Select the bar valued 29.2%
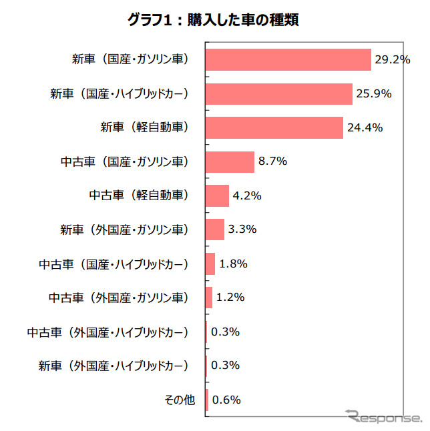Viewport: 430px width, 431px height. point(287,59)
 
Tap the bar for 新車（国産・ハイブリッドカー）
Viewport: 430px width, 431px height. point(278,94)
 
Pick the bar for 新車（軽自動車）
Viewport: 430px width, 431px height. point(274,127)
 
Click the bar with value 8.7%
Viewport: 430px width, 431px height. point(230,161)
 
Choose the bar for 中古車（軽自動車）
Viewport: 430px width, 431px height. point(217,195)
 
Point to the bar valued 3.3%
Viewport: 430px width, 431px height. point(214,230)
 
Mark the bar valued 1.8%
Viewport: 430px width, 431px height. point(210,264)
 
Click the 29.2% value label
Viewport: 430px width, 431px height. point(392,59)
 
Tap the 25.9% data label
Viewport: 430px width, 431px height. point(373,94)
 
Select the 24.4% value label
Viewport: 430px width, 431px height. point(364,127)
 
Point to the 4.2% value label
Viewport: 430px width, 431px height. point(247,195)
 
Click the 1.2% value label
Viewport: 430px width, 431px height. point(230,298)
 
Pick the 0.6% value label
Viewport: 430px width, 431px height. point(226,400)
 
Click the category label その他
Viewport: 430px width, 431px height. point(180,400)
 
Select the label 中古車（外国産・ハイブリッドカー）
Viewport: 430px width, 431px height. point(108,332)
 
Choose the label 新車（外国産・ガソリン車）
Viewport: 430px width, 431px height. point(125,230)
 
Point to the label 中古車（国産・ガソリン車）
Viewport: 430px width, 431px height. point(125,161)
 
